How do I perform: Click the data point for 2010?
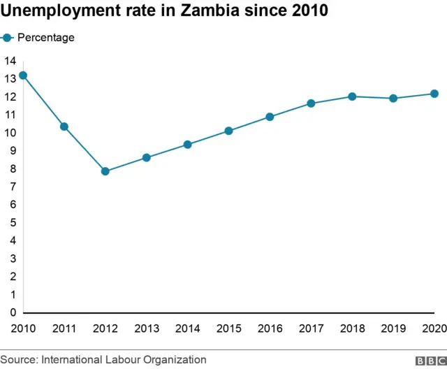click(23, 75)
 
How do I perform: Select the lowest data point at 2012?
click(105, 171)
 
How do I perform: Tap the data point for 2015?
click(228, 131)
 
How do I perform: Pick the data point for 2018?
click(352, 96)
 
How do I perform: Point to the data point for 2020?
click(434, 94)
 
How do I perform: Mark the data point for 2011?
click(64, 126)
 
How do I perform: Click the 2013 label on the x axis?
click(146, 328)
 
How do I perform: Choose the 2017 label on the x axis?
click(311, 328)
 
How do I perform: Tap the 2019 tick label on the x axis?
click(393, 328)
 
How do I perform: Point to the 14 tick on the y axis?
click(9, 61)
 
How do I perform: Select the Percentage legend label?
click(45, 38)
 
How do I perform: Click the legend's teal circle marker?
click(8, 38)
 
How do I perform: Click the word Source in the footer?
click(18, 359)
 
